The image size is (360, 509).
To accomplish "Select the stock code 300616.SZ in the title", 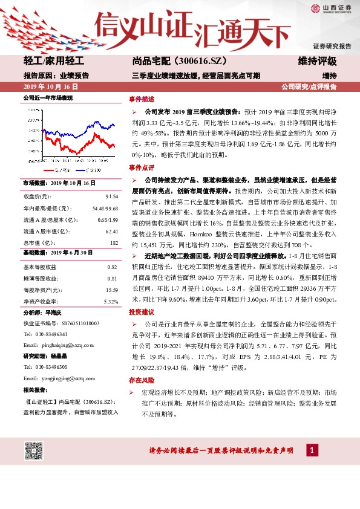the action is point(201,62).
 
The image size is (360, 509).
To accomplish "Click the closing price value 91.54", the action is point(111,197).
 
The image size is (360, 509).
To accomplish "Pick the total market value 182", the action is point(113,242).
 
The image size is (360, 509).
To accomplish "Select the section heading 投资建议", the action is point(141,312).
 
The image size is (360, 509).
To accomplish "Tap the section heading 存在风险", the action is point(141,380).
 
